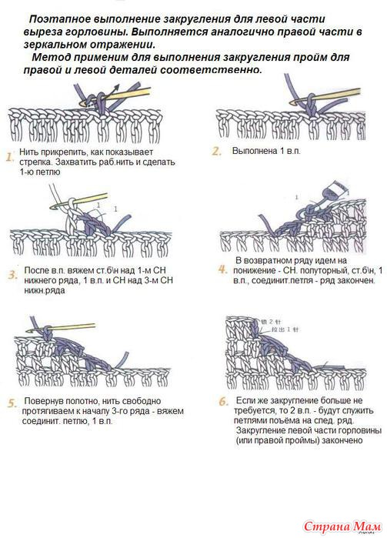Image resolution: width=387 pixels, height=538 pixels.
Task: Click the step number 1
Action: pos(9,157)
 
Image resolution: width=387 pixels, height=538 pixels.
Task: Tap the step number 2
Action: pos(217,151)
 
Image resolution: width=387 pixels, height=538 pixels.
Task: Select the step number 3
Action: pos(13,275)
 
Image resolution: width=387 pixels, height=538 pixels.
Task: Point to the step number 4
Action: pos(223,269)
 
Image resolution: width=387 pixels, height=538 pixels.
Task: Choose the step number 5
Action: pos(12,403)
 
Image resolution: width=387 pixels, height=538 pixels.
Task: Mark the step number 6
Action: pos(224,401)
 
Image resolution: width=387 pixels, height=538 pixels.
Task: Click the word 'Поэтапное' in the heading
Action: pos(59,19)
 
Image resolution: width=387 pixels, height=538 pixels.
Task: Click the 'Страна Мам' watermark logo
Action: pos(342,526)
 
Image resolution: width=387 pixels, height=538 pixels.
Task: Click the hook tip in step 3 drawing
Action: pos(53,206)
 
